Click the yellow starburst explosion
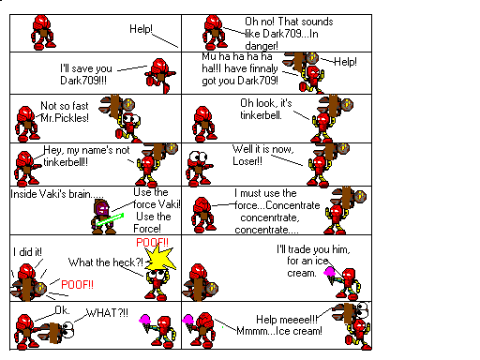(160, 258)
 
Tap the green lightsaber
(110, 219)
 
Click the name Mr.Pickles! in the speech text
(65, 118)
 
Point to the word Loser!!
(247, 161)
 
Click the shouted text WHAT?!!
(107, 312)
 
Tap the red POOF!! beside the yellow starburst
(152, 243)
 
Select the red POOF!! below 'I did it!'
(77, 285)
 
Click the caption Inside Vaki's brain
(57, 194)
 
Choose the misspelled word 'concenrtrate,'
(270, 217)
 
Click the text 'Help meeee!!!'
(287, 320)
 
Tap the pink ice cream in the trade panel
(330, 275)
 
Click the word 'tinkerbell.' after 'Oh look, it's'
(261, 115)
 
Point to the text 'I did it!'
(27, 252)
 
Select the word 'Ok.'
(62, 310)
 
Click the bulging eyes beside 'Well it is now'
(199, 156)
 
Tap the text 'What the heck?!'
(106, 262)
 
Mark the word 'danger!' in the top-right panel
(262, 46)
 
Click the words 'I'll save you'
(86, 68)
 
